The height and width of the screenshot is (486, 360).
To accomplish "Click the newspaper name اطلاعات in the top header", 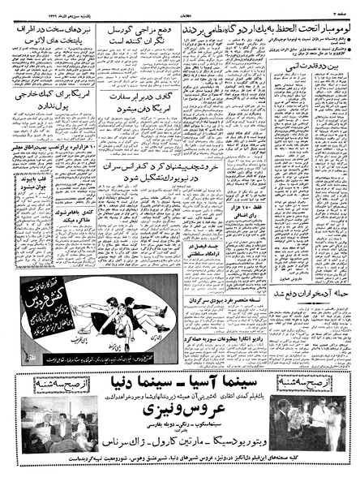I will tap(180, 7).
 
